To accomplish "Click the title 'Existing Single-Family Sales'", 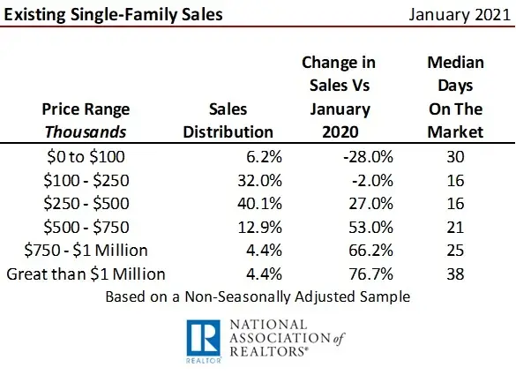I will (112, 15).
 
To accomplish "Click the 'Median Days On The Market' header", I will (454, 98).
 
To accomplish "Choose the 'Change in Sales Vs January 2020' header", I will (338, 98).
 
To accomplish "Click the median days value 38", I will (454, 274).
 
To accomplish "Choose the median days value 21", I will (454, 227).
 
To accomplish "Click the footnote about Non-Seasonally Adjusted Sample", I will (258, 296).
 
